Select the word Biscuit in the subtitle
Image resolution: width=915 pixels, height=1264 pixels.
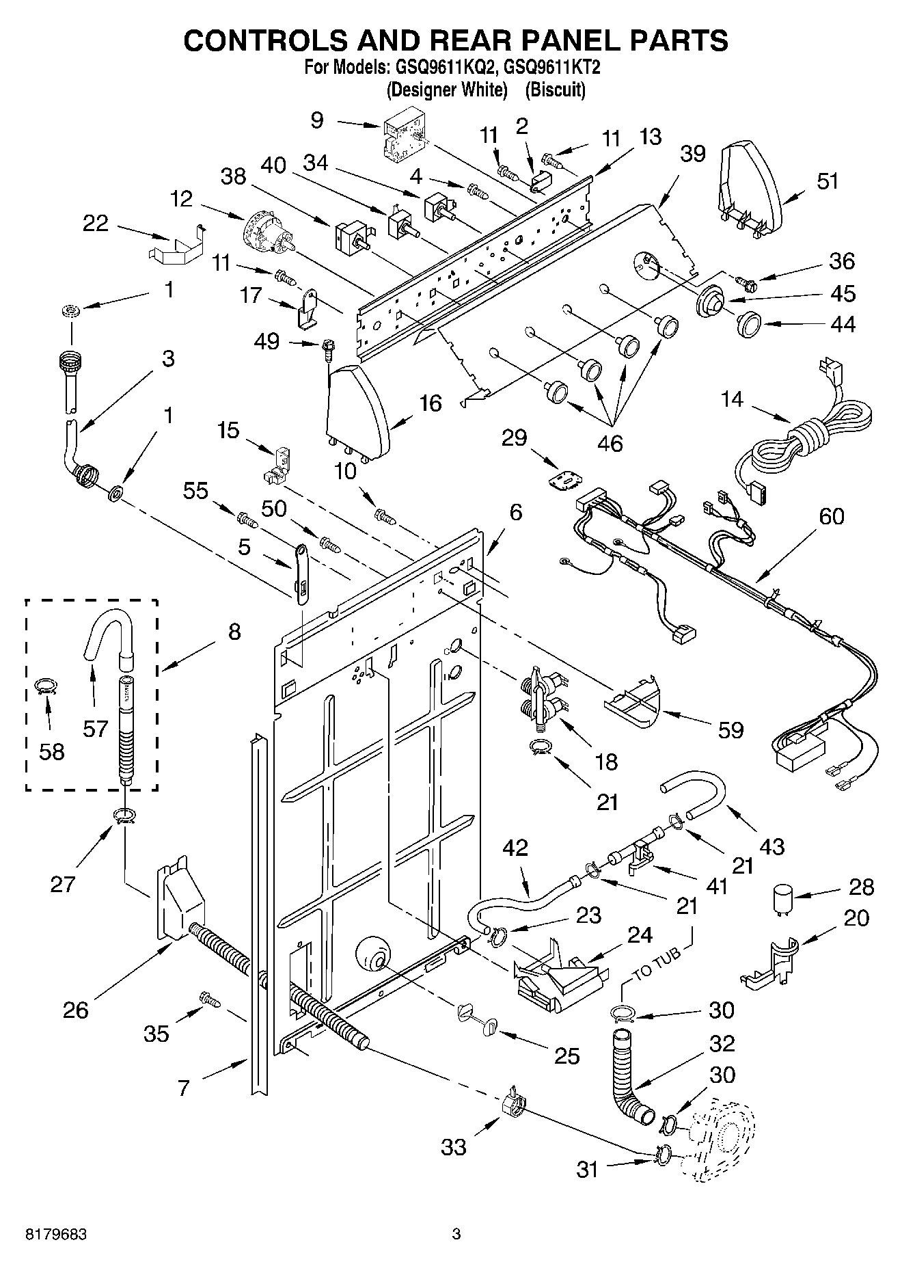click(558, 90)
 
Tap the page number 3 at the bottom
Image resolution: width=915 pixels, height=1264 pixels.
click(456, 1235)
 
